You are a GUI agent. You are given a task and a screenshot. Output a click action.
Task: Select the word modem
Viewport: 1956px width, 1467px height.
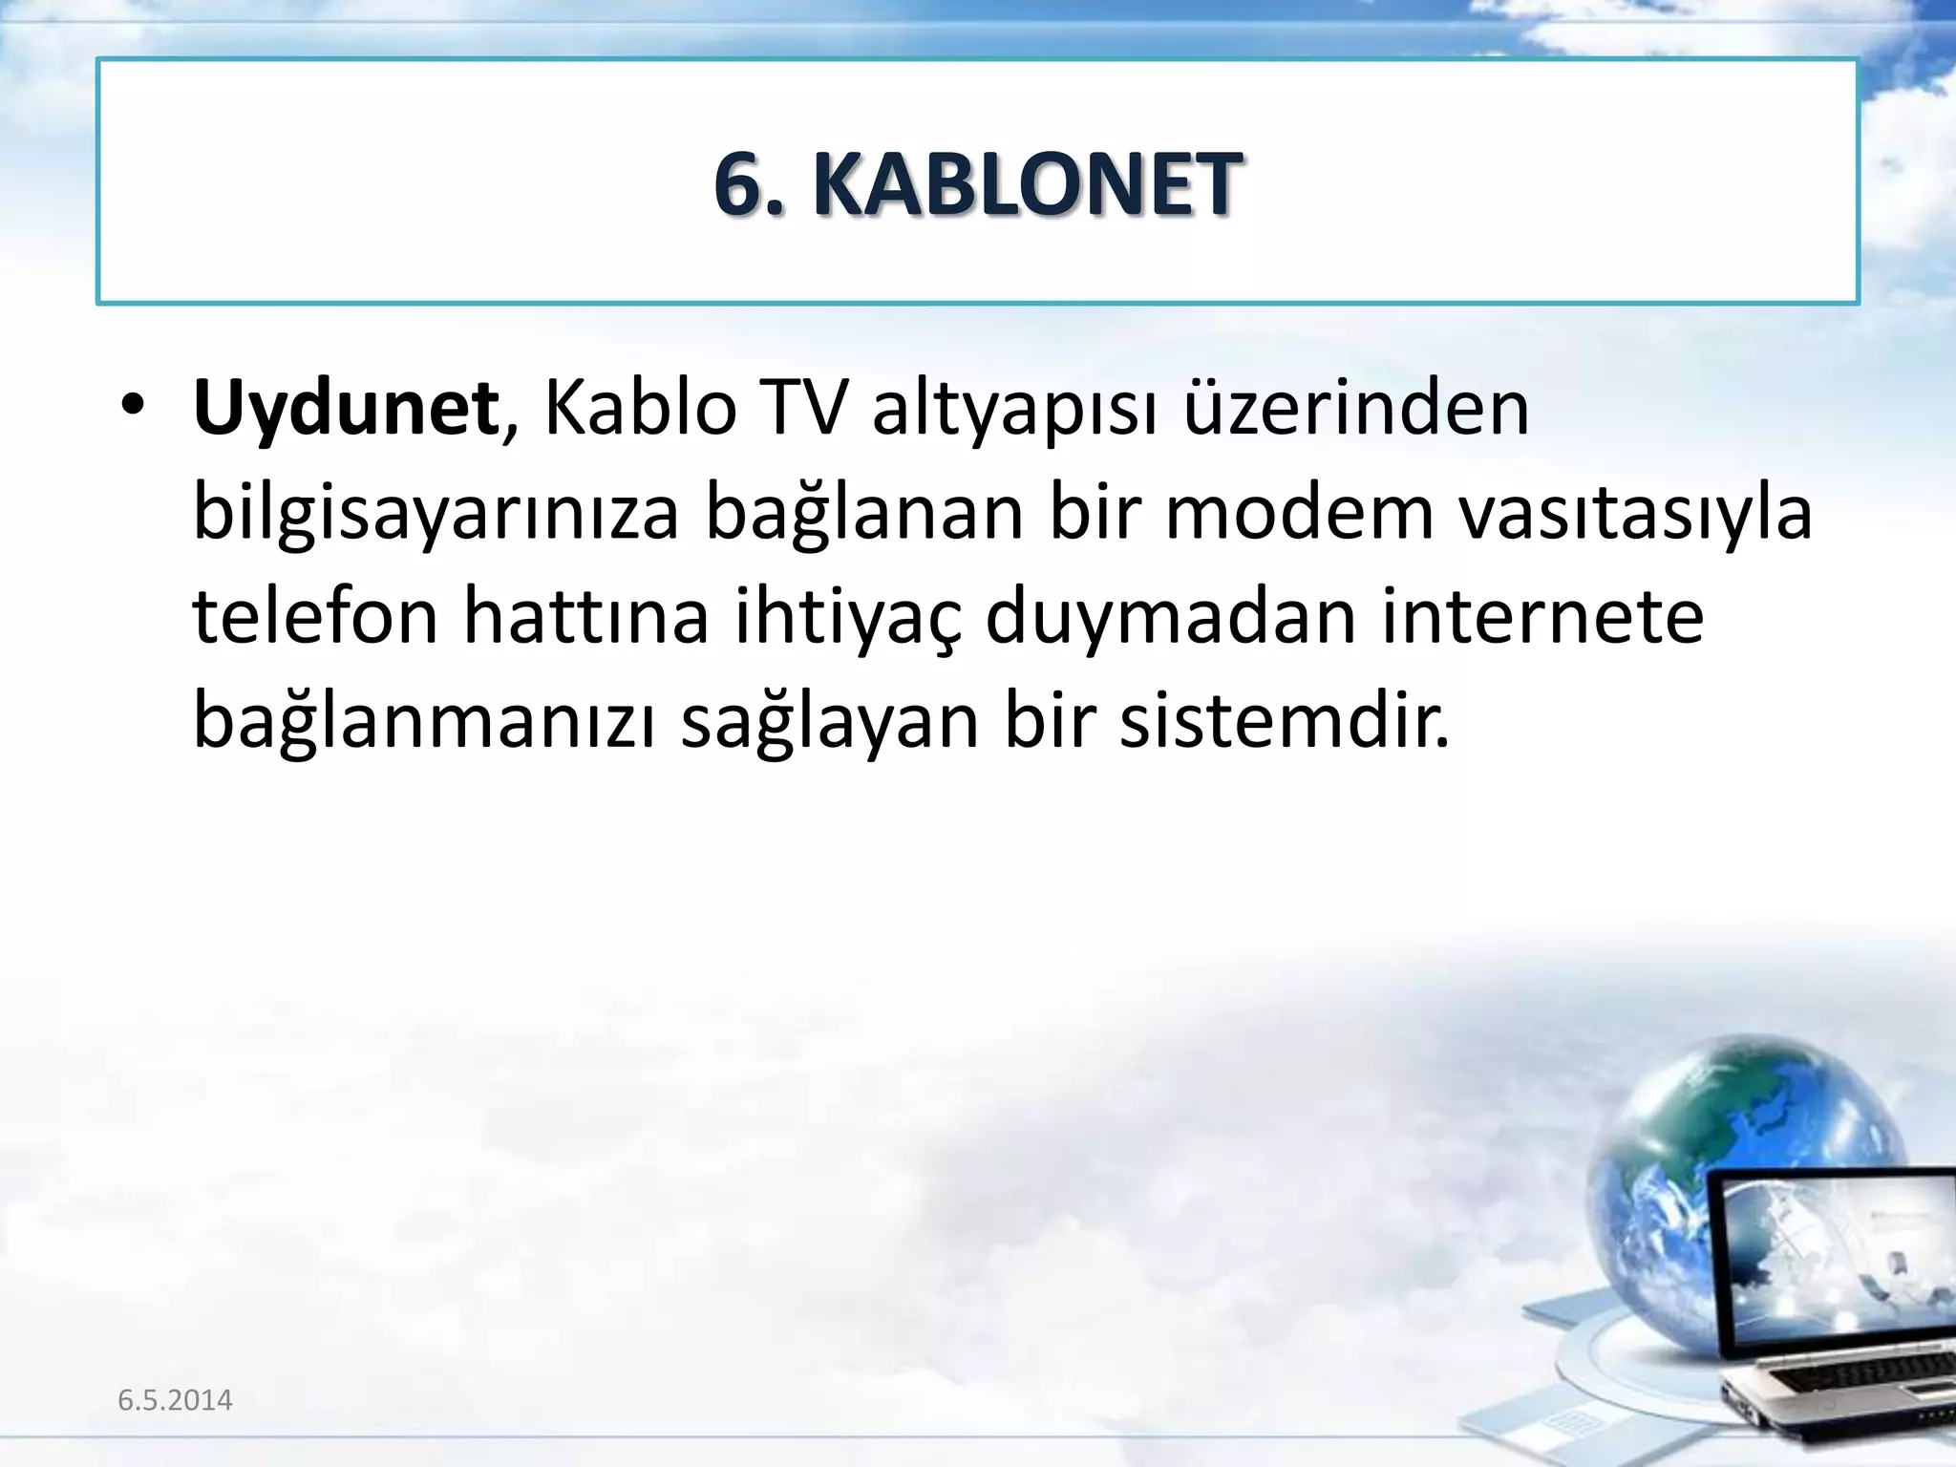pyautogui.click(x=1300, y=512)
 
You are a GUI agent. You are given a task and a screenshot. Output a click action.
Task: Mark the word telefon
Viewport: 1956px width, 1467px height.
pyautogui.click(x=315, y=616)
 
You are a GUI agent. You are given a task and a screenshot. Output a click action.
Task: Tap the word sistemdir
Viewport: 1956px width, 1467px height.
pyautogui.click(x=1284, y=721)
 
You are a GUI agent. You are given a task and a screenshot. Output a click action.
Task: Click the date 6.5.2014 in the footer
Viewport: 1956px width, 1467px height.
pyautogui.click(x=175, y=1400)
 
